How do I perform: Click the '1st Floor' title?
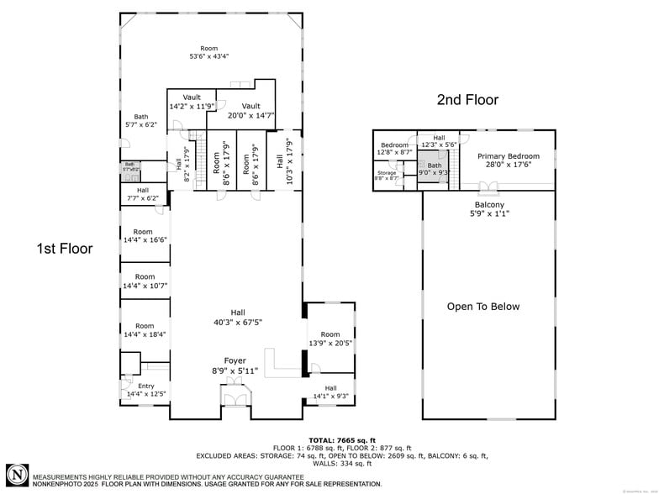click(64, 249)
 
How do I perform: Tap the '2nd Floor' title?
click(467, 100)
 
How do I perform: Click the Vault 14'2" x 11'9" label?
click(192, 102)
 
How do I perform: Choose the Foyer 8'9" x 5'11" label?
click(235, 365)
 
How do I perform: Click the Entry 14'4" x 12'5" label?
click(145, 390)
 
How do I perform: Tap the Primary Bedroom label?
click(509, 161)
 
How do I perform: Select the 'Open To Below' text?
click(483, 307)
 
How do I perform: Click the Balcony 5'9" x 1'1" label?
click(489, 209)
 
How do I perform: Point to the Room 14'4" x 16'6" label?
click(145, 235)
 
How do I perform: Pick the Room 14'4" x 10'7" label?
click(145, 281)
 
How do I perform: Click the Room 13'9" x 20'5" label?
click(329, 339)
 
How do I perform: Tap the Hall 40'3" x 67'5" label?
click(236, 317)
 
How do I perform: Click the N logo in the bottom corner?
click(17, 474)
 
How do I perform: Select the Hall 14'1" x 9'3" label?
click(329, 392)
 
